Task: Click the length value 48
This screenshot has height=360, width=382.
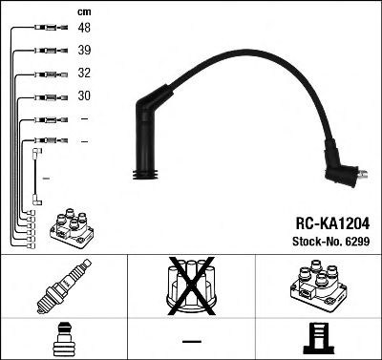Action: pos(85,29)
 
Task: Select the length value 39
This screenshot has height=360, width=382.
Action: pos(85,51)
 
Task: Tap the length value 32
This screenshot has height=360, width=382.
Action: pos(85,74)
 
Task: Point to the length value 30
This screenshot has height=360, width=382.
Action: pos(85,96)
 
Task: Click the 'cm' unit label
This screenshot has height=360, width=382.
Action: pos(82,11)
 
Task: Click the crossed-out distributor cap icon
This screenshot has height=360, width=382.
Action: pos(191,289)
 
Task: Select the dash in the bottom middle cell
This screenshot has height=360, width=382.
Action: pos(191,340)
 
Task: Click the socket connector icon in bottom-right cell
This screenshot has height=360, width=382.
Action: pos(318,340)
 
